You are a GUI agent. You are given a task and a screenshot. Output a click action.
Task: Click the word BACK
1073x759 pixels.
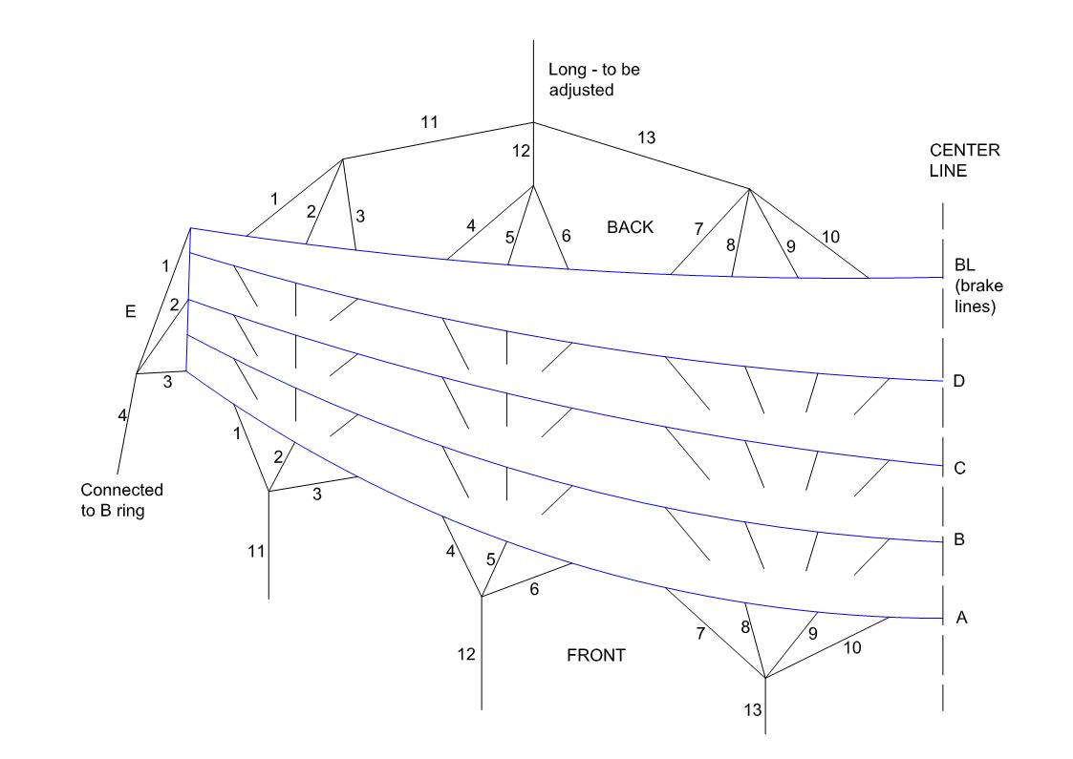point(630,226)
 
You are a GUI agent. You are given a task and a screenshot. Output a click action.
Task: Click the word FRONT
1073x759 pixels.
point(596,656)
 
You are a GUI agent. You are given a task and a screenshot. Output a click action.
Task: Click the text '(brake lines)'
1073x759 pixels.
point(975,298)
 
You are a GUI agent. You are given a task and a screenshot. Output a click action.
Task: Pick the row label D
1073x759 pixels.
point(958,382)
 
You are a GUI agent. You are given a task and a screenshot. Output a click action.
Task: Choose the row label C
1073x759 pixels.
point(959,469)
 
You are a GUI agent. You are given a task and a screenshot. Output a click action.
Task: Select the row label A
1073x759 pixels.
point(962,618)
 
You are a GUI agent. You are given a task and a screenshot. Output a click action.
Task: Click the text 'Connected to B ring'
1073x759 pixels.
point(121,498)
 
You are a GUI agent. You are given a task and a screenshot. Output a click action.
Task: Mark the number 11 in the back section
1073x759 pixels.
point(429,121)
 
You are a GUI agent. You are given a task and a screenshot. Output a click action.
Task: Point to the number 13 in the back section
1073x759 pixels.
point(646,138)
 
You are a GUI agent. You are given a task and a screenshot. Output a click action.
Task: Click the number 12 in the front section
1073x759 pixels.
point(466,654)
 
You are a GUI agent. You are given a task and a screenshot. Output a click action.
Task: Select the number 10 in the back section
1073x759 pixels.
point(830,236)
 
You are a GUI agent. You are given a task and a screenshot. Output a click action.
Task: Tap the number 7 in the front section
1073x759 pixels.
point(700,633)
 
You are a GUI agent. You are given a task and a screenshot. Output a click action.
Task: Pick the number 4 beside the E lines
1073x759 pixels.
point(122,415)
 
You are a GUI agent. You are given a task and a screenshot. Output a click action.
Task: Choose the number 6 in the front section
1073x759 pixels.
point(534,589)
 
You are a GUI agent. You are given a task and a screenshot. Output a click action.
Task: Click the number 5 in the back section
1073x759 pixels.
point(509,237)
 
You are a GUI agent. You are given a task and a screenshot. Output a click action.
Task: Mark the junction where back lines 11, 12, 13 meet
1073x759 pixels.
point(533,123)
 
